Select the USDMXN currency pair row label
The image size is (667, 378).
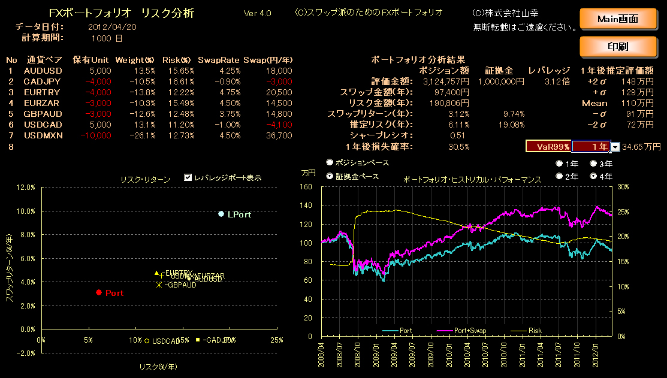[43, 135]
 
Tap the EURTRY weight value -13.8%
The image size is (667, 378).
[142, 92]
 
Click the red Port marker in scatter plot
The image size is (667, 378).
[99, 292]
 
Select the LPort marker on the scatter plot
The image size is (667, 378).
[221, 214]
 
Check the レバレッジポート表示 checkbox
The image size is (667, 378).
[188, 178]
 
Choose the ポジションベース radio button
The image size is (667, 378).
[330, 162]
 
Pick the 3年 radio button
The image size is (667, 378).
[593, 164]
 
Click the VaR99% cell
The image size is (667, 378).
[548, 146]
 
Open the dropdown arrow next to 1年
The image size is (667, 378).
[615, 146]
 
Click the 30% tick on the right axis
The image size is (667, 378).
[622, 186]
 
